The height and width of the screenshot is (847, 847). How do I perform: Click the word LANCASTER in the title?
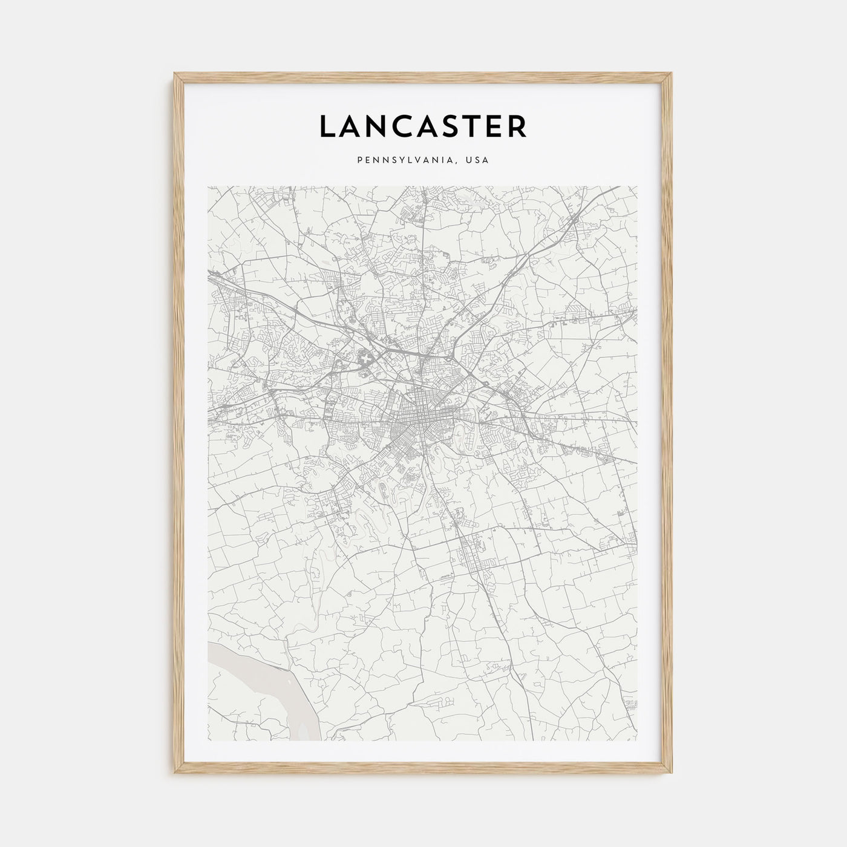(x=423, y=126)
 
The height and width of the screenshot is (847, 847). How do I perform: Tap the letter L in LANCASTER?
(x=327, y=126)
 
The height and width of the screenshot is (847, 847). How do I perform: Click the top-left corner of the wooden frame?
(x=174, y=74)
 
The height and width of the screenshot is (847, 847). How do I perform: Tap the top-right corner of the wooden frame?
(x=672, y=74)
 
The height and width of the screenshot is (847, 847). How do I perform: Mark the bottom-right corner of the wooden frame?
(x=672, y=774)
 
